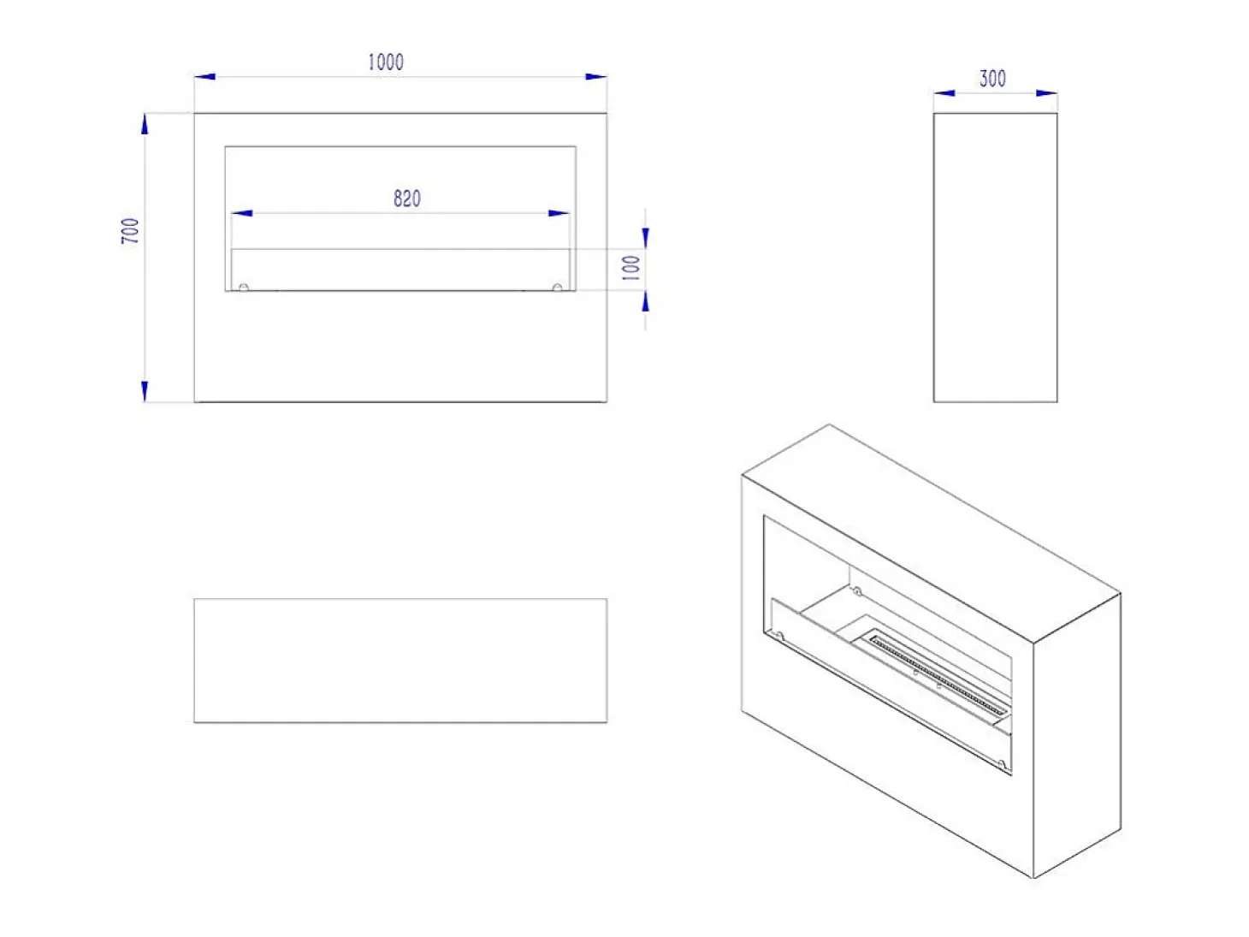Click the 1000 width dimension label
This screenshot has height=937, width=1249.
click(385, 62)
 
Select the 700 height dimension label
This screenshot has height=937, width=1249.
click(130, 230)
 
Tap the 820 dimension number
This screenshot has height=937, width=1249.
click(407, 199)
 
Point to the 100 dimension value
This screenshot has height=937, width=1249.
click(631, 267)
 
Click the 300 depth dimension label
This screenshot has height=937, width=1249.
click(992, 79)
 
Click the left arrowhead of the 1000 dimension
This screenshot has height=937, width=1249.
click(204, 76)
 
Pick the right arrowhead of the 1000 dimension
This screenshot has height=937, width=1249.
click(595, 76)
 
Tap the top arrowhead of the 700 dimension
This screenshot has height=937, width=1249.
click(145, 124)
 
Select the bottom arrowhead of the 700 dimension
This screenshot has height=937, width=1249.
click(145, 391)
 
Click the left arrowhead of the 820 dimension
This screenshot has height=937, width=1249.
click(242, 213)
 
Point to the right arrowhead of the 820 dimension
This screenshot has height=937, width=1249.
click(559, 213)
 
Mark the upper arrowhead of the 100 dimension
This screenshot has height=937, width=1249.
click(645, 238)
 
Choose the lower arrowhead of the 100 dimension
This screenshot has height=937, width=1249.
click(645, 301)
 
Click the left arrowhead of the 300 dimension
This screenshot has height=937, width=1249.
click(944, 92)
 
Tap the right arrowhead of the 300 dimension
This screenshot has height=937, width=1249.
click(1046, 92)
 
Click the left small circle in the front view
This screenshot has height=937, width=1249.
click(244, 288)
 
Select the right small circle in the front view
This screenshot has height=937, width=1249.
click(557, 288)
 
